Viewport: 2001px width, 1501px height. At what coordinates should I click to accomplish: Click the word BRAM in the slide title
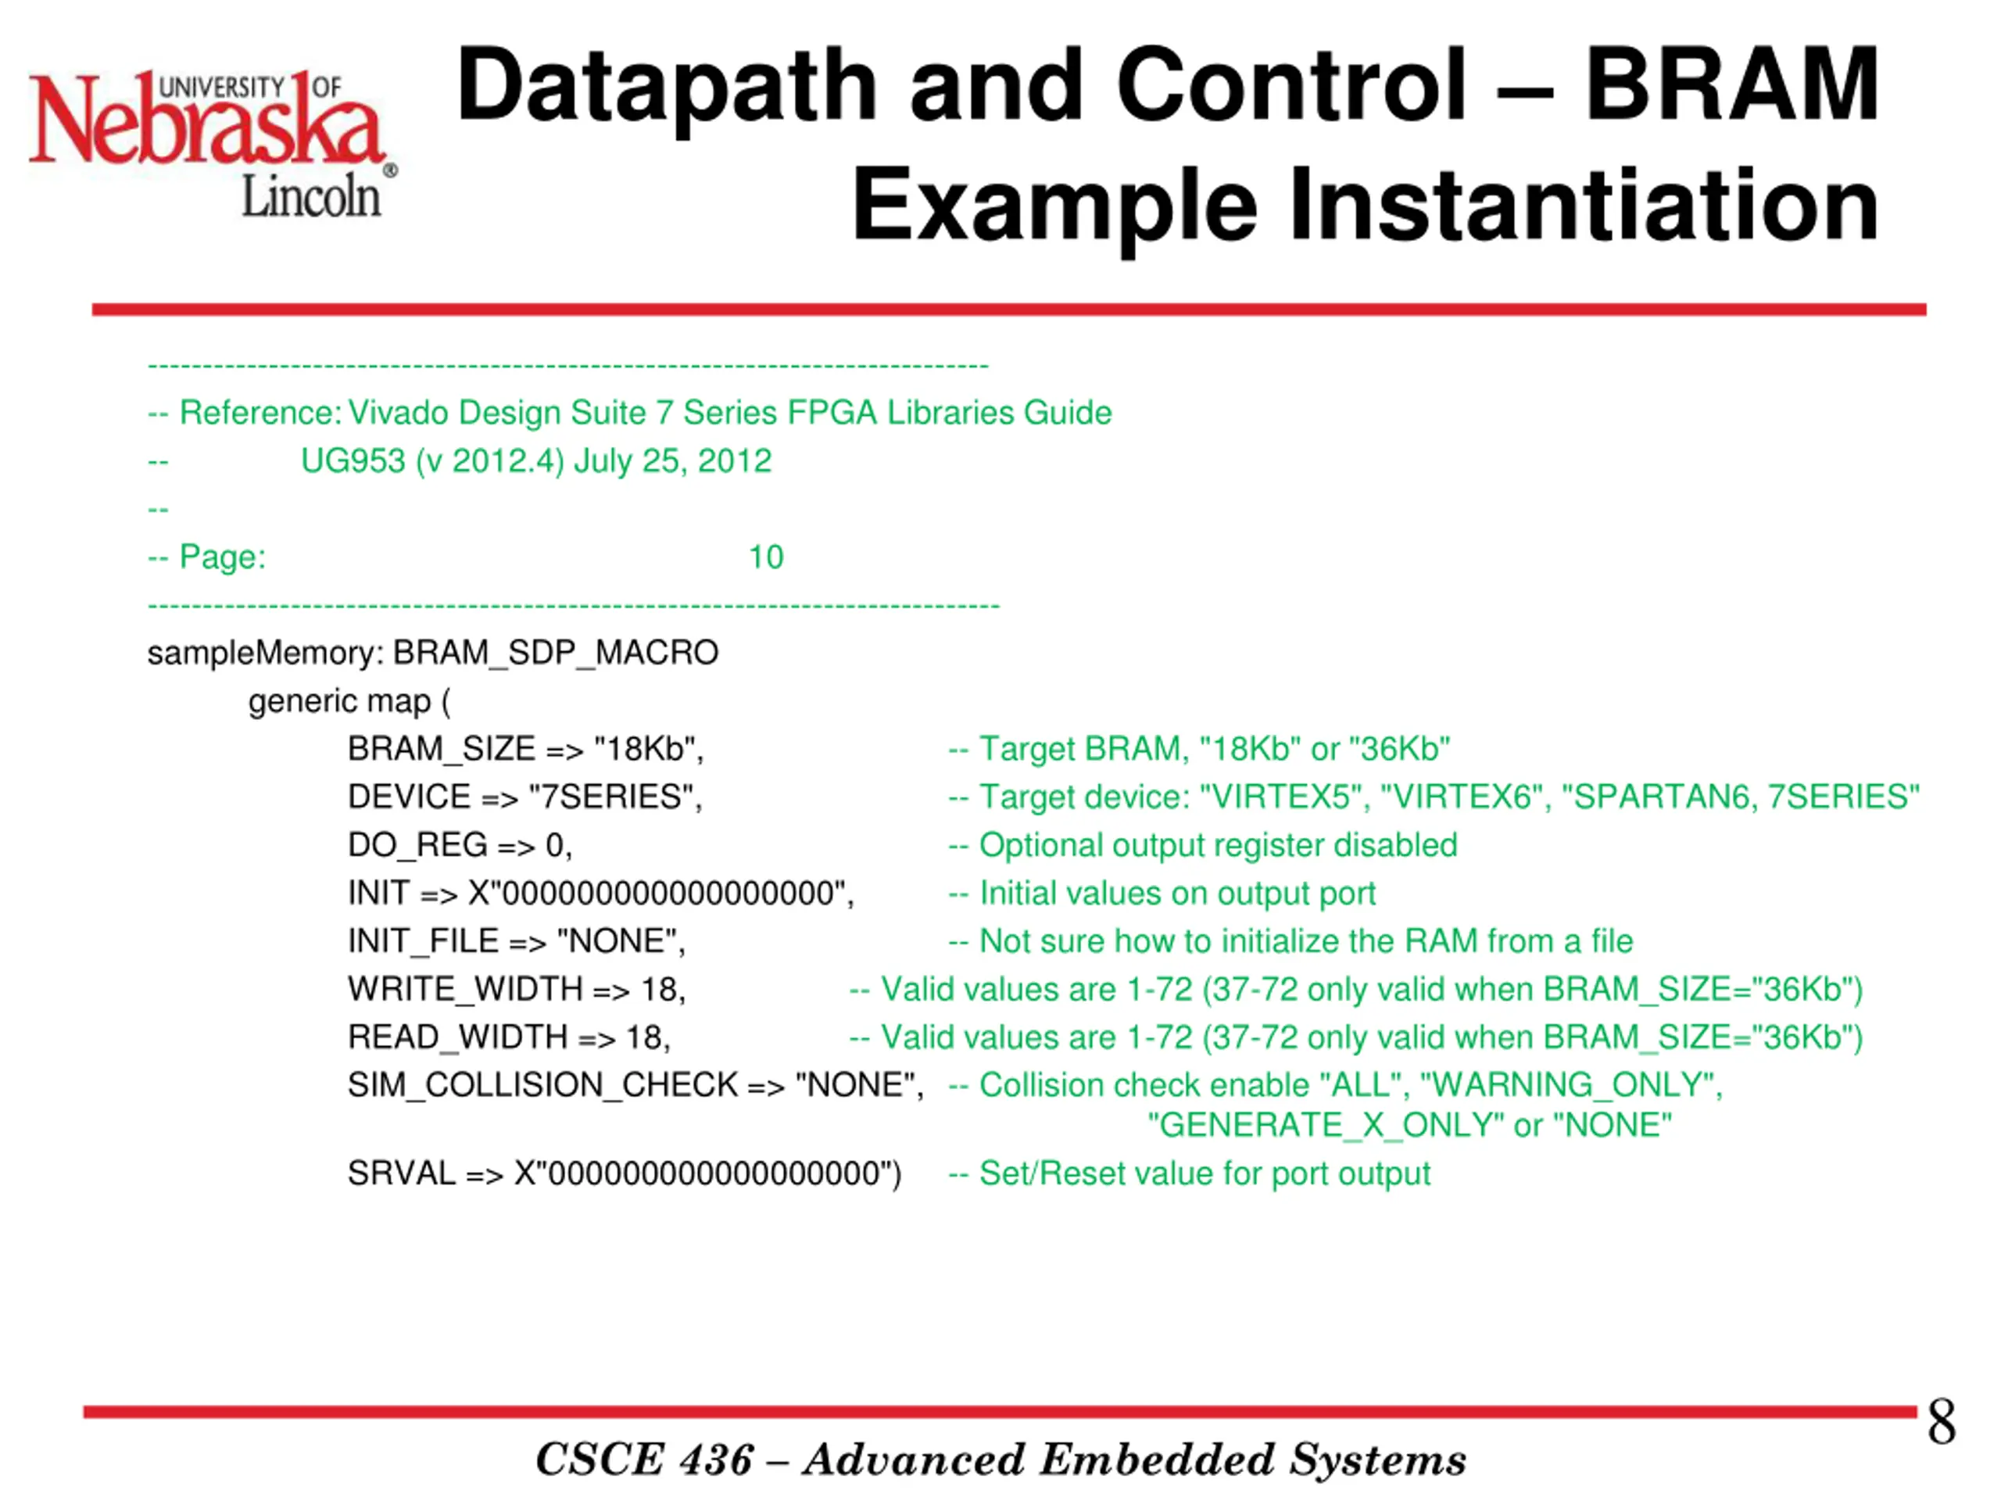[x=1732, y=86]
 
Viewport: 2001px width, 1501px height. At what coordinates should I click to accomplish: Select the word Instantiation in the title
[x=1583, y=206]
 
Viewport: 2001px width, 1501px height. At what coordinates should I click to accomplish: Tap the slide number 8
[x=1940, y=1421]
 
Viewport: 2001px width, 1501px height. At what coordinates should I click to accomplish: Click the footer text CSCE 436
[x=644, y=1460]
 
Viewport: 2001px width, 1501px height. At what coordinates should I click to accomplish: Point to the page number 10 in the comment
[x=765, y=557]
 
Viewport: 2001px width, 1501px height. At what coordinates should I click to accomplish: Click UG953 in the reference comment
[x=353, y=461]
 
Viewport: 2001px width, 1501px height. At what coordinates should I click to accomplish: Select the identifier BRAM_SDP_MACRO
[x=556, y=652]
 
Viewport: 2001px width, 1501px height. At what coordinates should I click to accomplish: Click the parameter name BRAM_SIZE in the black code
[x=442, y=749]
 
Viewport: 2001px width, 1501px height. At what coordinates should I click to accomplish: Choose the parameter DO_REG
[x=417, y=845]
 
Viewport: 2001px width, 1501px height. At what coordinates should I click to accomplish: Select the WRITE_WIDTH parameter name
[x=465, y=989]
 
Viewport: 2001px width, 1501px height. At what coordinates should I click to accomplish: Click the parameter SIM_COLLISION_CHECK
[x=542, y=1085]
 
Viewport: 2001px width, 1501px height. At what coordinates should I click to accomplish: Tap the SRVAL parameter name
[x=401, y=1173]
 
